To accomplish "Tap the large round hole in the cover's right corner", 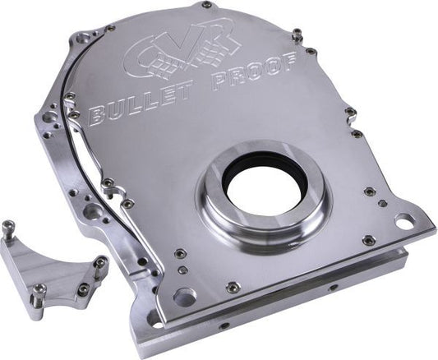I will [x=403, y=221].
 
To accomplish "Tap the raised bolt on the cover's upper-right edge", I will [x=297, y=35].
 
